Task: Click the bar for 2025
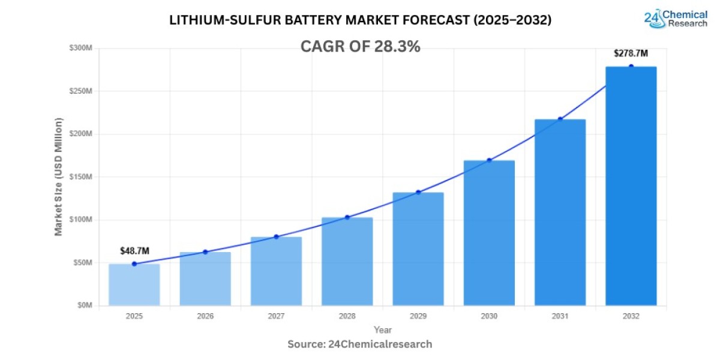pyautogui.click(x=134, y=284)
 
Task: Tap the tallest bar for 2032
pyautogui.click(x=631, y=186)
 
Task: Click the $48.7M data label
pyautogui.click(x=134, y=251)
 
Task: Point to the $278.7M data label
pyautogui.click(x=631, y=53)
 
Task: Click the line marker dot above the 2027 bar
pyautogui.click(x=276, y=237)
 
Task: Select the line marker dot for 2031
pyautogui.click(x=560, y=119)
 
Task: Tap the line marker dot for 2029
pyautogui.click(x=418, y=192)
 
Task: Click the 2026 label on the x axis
pyautogui.click(x=205, y=316)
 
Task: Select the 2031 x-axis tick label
pyautogui.click(x=560, y=316)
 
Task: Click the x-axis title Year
pyautogui.click(x=382, y=330)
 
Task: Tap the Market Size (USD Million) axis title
pyautogui.click(x=59, y=177)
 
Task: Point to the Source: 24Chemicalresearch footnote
pyautogui.click(x=359, y=344)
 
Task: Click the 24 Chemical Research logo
pyautogui.click(x=675, y=19)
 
